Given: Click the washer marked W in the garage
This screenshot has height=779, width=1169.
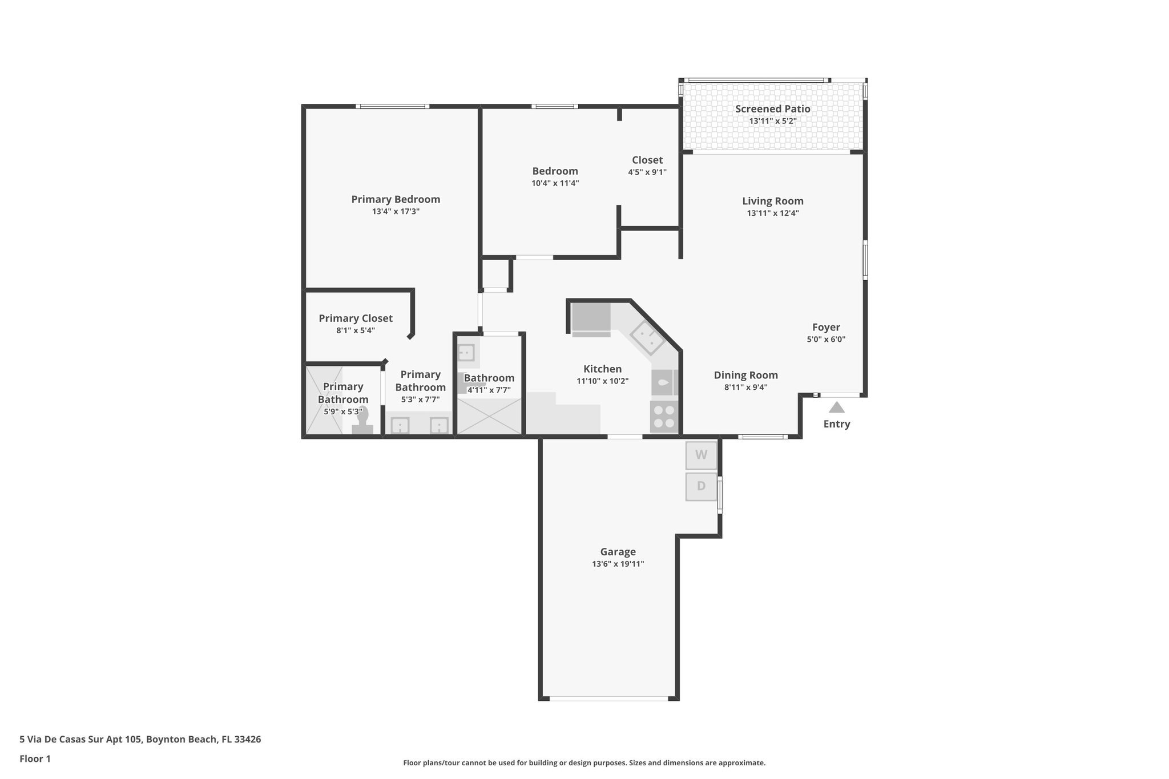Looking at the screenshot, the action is pos(701,455).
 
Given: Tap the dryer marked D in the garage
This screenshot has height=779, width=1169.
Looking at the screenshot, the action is pos(701,486).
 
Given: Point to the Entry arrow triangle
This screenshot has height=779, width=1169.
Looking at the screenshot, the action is pos(837,407).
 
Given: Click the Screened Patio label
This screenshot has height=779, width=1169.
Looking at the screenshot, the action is pos(772,109).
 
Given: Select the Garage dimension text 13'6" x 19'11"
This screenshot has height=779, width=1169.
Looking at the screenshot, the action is pos(618,564).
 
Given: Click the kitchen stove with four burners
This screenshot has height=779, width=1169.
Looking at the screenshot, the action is pos(664,416).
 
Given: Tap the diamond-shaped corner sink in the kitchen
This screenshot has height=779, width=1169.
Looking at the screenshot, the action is pos(647,338).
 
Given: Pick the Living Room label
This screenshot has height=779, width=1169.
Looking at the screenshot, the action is pos(773,201).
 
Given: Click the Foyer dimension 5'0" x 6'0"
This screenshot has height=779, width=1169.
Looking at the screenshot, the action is pos(826,339).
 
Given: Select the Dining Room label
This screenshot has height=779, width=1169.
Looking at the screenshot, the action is pos(746,375).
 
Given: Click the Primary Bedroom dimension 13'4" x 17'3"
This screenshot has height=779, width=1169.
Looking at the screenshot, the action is pos(396,211).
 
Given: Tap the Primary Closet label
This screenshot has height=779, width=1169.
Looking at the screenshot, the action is pos(356,318).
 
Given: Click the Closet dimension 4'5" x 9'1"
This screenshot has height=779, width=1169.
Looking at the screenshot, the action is pos(647,172).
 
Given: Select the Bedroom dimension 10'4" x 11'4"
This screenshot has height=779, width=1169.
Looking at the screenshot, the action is pos(555,183).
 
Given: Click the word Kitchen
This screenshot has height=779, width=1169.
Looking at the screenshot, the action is pos(602,369).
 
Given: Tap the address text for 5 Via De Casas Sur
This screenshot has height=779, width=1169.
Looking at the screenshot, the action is pos(140,739).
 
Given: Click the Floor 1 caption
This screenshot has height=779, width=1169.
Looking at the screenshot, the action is pos(35,758).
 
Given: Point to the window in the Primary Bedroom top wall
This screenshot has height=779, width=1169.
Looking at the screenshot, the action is pos(393,106).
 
